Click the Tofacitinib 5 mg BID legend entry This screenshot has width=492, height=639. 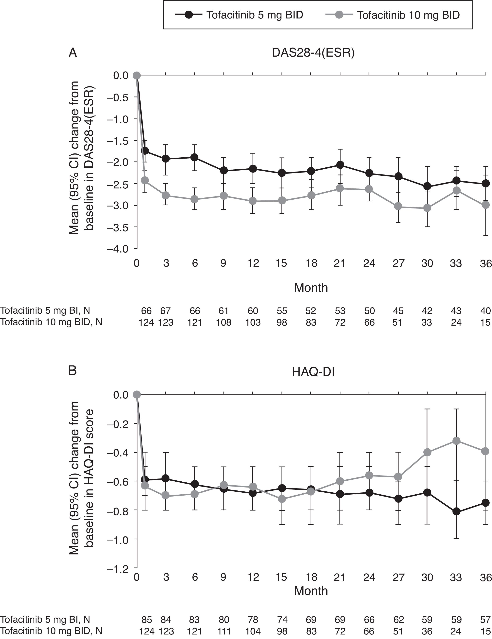pyautogui.click(x=239, y=15)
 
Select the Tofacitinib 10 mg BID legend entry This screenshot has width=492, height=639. pyautogui.click(x=392, y=15)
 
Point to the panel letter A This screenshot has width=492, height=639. pyautogui.click(x=73, y=53)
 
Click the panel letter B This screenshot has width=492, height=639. pyautogui.click(x=72, y=370)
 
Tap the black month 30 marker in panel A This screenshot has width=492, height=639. pyautogui.click(x=427, y=186)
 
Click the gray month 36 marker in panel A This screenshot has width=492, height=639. pyautogui.click(x=486, y=205)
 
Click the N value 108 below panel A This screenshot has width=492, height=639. pyautogui.click(x=224, y=322)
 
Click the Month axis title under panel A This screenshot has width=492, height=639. pyautogui.click(x=311, y=288)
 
